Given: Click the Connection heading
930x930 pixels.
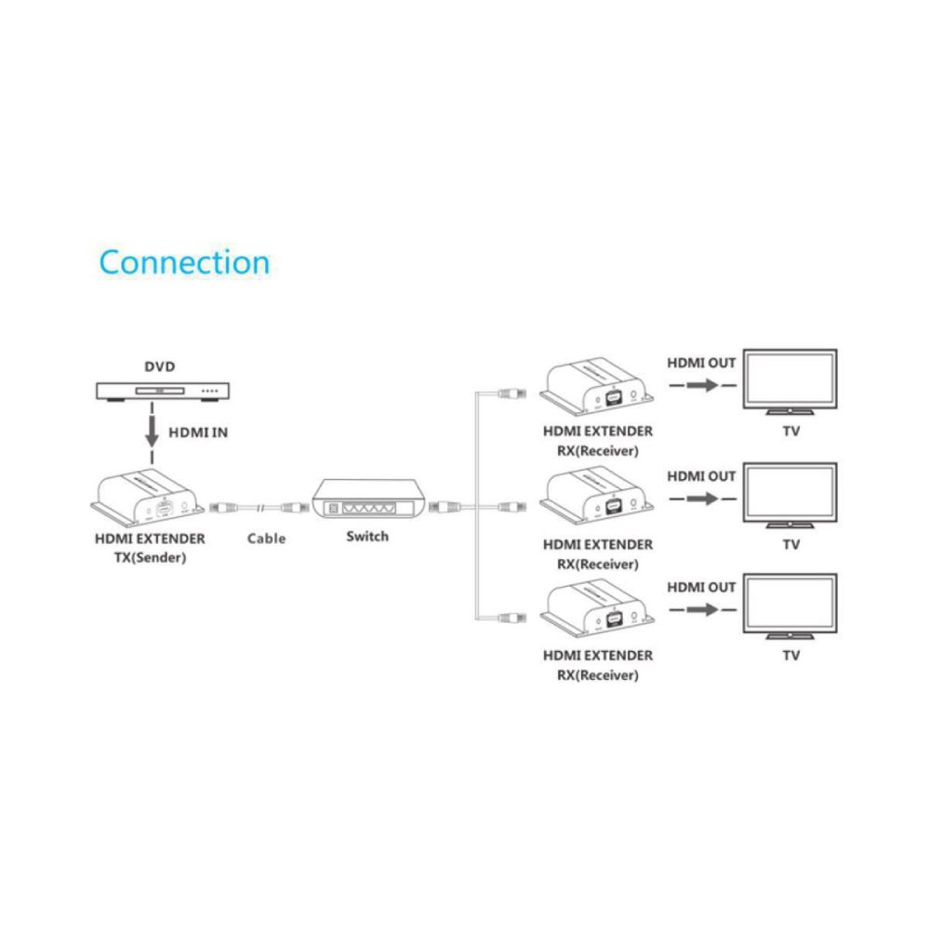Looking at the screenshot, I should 184,262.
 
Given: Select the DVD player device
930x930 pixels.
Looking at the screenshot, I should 163,391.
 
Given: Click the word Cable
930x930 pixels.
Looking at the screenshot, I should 266,538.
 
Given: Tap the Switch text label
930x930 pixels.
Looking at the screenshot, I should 367,537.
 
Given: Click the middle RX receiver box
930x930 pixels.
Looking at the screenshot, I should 598,499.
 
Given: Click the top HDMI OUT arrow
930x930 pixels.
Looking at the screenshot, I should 700,384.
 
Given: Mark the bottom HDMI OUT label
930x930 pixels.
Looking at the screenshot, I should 701,587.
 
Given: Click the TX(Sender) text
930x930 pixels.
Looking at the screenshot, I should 151,558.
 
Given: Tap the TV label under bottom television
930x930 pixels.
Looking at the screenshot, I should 791,656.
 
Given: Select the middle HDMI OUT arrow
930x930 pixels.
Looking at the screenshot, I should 700,498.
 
